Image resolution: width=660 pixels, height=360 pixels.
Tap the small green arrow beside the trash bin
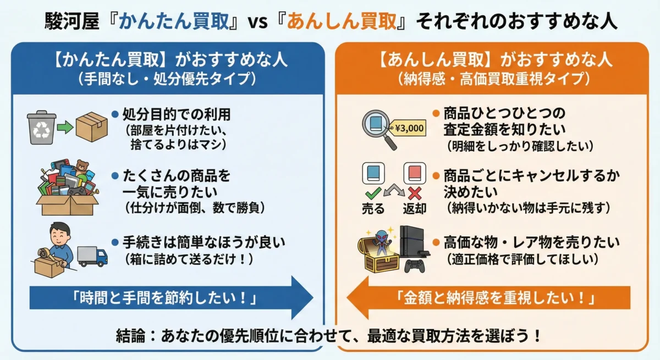[65, 128]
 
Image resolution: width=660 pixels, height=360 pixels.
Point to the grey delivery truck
[92, 256]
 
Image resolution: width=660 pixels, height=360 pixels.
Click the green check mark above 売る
[373, 192]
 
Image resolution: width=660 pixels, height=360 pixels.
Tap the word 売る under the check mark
[373, 209]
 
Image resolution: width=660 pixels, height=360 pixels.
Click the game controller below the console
[415, 267]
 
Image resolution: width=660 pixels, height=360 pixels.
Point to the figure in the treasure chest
[382, 242]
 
